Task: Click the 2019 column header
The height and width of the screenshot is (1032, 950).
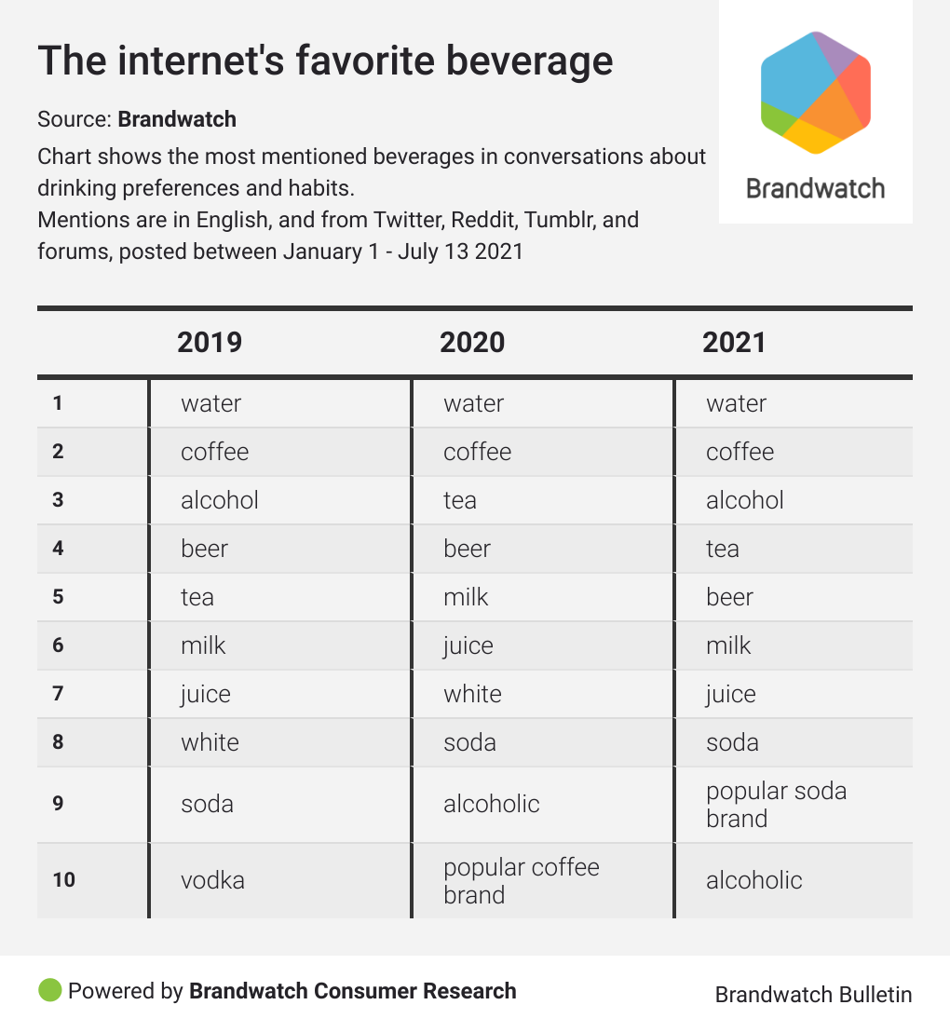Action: coord(210,342)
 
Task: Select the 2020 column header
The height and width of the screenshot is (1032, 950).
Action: coord(472,342)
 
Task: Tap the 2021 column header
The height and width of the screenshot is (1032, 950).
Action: coord(734,342)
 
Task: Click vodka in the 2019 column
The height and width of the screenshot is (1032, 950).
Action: coord(212,880)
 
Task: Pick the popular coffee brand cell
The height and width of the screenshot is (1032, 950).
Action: coord(521,880)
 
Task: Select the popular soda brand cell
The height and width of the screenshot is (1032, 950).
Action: coord(776,805)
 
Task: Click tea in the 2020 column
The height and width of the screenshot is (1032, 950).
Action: coord(460,500)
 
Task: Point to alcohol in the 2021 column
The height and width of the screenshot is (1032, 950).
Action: coord(744,500)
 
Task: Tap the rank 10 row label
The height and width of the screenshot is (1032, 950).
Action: coord(63,880)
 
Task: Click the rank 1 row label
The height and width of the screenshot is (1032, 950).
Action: coord(58,403)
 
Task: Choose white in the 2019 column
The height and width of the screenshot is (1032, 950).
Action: coord(210,742)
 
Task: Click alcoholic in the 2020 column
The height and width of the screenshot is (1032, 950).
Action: coord(491,804)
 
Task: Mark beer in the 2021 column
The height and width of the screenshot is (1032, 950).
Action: coord(729,597)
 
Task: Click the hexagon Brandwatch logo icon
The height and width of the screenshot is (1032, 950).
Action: coord(815,91)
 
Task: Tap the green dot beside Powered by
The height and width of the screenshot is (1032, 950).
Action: coord(50,990)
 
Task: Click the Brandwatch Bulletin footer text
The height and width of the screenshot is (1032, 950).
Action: coord(813,995)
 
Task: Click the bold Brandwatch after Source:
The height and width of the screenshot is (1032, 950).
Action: coord(177,119)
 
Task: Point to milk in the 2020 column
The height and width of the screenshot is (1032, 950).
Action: coord(466,597)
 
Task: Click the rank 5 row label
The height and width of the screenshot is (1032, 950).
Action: coord(58,597)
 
